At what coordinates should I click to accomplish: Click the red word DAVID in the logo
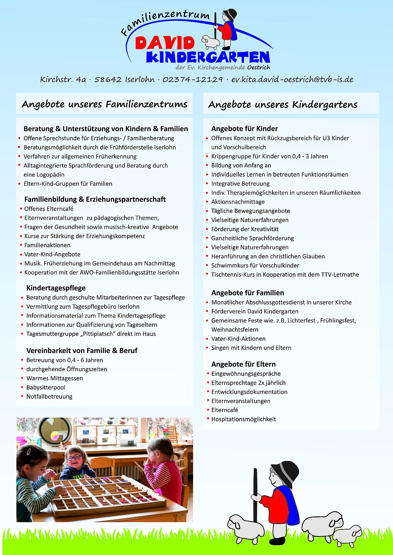point(165,43)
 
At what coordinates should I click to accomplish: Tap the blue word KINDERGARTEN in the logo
point(208,57)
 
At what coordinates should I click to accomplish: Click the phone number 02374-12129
point(193,79)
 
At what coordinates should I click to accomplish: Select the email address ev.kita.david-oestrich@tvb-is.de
point(292,79)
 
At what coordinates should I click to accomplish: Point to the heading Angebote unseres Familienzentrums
point(104,104)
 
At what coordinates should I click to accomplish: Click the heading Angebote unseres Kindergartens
point(283,104)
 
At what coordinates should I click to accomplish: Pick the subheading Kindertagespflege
point(56,288)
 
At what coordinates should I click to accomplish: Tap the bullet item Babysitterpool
point(46,387)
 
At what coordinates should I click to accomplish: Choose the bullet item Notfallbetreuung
point(49,396)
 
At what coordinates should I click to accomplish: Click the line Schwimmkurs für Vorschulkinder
point(255,265)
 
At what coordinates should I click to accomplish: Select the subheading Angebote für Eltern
point(243,364)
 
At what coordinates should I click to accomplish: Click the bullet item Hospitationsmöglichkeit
point(243,419)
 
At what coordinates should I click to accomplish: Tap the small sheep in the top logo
point(210,42)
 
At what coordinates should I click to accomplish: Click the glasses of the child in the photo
point(74,457)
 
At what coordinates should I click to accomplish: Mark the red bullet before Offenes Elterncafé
point(21,209)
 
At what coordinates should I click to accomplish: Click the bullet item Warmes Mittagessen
point(55,378)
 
